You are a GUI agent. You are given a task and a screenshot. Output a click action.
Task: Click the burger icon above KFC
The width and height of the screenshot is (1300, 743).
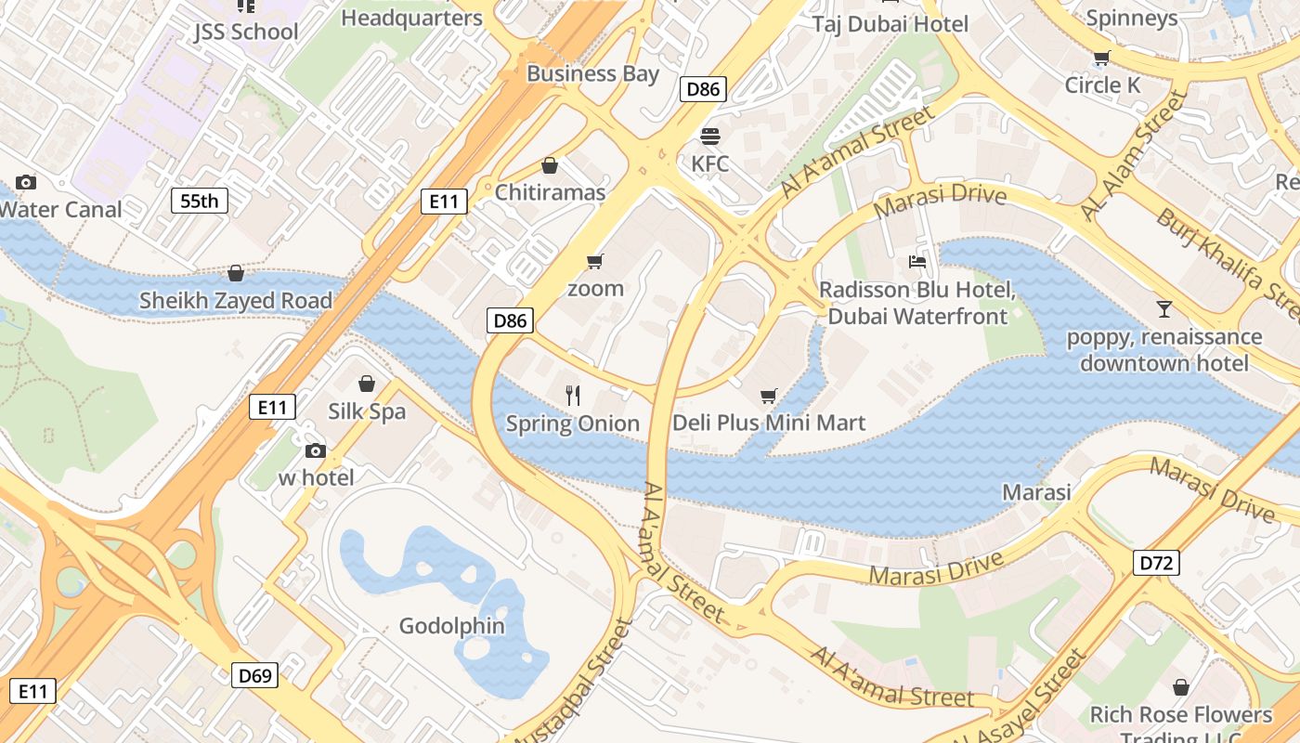pyautogui.click(x=711, y=137)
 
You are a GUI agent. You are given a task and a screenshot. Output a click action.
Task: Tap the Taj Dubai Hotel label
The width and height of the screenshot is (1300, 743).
pyautogui.click(x=890, y=24)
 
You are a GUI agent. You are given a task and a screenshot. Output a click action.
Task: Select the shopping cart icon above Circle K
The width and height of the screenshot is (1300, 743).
pyautogui.click(x=1102, y=59)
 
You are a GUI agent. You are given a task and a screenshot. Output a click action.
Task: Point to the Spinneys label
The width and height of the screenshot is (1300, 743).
pyautogui.click(x=1131, y=18)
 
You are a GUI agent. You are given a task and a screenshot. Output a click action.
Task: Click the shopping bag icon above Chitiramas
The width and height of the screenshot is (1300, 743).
pyautogui.click(x=550, y=166)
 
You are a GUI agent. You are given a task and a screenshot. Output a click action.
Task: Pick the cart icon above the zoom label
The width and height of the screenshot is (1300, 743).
pyautogui.click(x=595, y=262)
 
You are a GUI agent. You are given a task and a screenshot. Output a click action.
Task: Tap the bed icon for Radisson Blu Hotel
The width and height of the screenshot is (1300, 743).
pyautogui.click(x=917, y=262)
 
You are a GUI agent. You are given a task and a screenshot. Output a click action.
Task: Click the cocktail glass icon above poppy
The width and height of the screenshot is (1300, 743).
pyautogui.click(x=1164, y=309)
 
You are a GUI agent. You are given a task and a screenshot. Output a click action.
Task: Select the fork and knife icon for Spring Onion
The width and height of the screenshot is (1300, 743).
pyautogui.click(x=573, y=396)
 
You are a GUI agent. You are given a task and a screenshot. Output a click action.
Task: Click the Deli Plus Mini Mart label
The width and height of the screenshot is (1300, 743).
pyautogui.click(x=769, y=424)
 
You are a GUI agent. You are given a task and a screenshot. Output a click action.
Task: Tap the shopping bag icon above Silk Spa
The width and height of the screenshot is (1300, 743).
pyautogui.click(x=367, y=384)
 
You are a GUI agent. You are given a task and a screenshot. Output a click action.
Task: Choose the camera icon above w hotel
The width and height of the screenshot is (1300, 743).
pyautogui.click(x=316, y=450)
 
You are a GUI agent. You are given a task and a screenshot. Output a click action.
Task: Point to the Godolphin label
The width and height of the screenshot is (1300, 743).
pyautogui.click(x=452, y=626)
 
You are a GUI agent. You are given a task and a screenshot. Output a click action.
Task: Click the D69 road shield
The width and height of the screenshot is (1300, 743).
pyautogui.click(x=254, y=675)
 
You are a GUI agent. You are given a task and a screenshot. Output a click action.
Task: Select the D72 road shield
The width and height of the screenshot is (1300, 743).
pyautogui.click(x=1156, y=562)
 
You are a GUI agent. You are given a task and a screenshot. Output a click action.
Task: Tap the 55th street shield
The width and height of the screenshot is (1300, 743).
pyautogui.click(x=200, y=200)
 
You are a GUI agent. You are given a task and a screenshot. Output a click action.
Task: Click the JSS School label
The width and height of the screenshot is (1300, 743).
pyautogui.click(x=246, y=32)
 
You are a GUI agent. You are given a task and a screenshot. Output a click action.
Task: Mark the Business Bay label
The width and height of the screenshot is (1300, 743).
pyautogui.click(x=592, y=73)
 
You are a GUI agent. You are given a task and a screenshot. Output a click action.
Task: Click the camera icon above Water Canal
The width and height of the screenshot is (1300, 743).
pyautogui.click(x=26, y=182)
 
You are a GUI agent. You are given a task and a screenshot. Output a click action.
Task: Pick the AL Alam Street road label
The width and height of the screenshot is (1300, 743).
pyautogui.click(x=1135, y=155)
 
